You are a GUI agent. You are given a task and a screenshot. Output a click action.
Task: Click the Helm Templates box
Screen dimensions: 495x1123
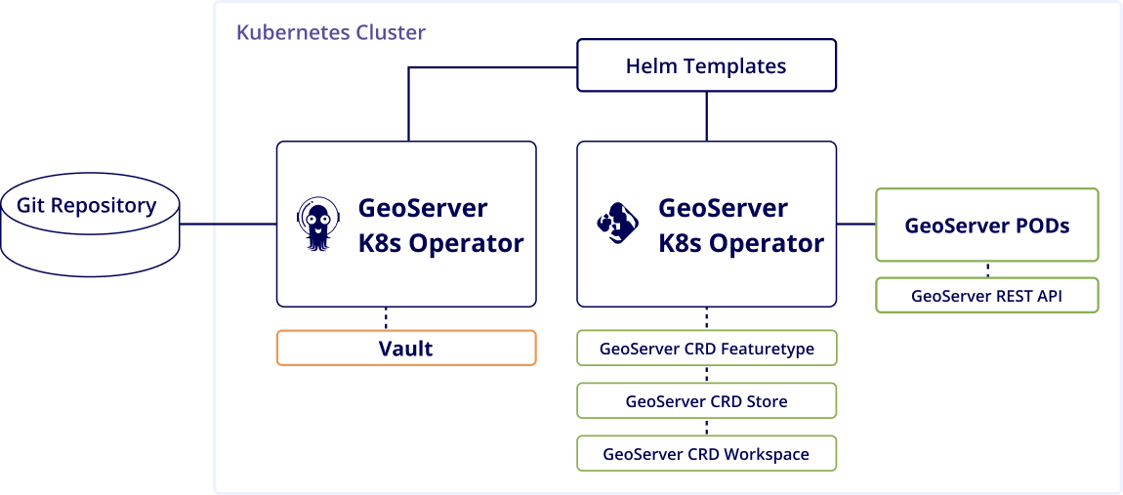pyautogui.click(x=706, y=66)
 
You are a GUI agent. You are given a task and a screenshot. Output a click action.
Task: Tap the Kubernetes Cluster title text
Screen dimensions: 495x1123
pyautogui.click(x=330, y=32)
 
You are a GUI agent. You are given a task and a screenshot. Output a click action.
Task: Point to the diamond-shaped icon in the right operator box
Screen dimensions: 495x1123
pyautogui.click(x=618, y=224)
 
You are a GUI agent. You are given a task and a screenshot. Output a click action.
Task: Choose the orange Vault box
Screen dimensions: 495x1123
pyautogui.click(x=406, y=348)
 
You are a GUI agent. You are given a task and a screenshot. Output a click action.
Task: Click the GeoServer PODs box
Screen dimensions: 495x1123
pyautogui.click(x=986, y=225)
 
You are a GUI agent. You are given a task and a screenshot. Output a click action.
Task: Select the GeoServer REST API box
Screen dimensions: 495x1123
pyautogui.click(x=986, y=295)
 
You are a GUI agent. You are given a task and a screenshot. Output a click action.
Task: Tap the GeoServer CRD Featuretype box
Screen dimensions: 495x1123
pyautogui.click(x=706, y=348)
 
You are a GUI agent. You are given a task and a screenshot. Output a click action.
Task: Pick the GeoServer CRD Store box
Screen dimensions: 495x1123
pyautogui.click(x=706, y=400)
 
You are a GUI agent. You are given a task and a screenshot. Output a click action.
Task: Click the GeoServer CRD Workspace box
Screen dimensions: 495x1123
pyautogui.click(x=706, y=453)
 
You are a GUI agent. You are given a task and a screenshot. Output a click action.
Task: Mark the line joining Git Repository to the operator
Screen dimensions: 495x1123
pyautogui.click(x=228, y=224)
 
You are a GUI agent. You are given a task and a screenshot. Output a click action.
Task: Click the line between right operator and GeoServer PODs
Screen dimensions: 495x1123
pyautogui.click(x=855, y=224)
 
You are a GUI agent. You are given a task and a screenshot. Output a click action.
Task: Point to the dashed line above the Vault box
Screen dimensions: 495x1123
pyautogui.click(x=386, y=318)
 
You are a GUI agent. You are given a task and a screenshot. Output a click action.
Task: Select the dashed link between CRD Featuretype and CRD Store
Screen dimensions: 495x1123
pyautogui.click(x=706, y=374)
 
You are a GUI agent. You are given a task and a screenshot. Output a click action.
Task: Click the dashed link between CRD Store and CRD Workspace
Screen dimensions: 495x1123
pyautogui.click(x=706, y=427)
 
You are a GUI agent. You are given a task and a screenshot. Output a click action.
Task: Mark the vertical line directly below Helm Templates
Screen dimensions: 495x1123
pyautogui.click(x=706, y=116)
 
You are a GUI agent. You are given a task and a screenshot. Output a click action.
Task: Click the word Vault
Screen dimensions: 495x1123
pyautogui.click(x=405, y=348)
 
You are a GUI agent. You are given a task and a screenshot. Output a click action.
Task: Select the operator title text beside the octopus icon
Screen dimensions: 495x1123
pyautogui.click(x=440, y=225)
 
